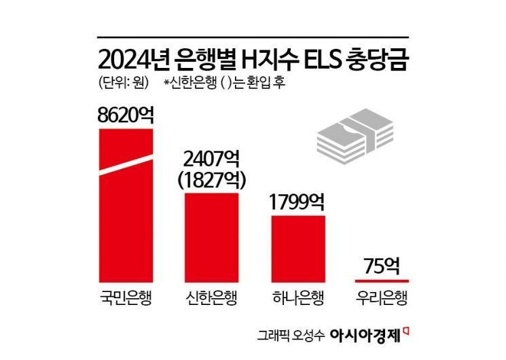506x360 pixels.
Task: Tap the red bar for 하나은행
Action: pyautogui.click(x=298, y=248)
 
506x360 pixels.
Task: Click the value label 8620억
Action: pyautogui.click(x=126, y=114)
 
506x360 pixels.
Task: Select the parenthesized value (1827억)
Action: pyautogui.click(x=212, y=180)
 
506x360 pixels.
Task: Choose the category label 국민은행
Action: pyautogui.click(x=126, y=300)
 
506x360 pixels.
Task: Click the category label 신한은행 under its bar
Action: pyautogui.click(x=212, y=300)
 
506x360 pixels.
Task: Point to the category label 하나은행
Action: pyautogui.click(x=298, y=300)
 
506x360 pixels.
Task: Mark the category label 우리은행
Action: pyautogui.click(x=382, y=300)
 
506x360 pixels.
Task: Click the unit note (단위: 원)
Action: pyautogui.click(x=118, y=84)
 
